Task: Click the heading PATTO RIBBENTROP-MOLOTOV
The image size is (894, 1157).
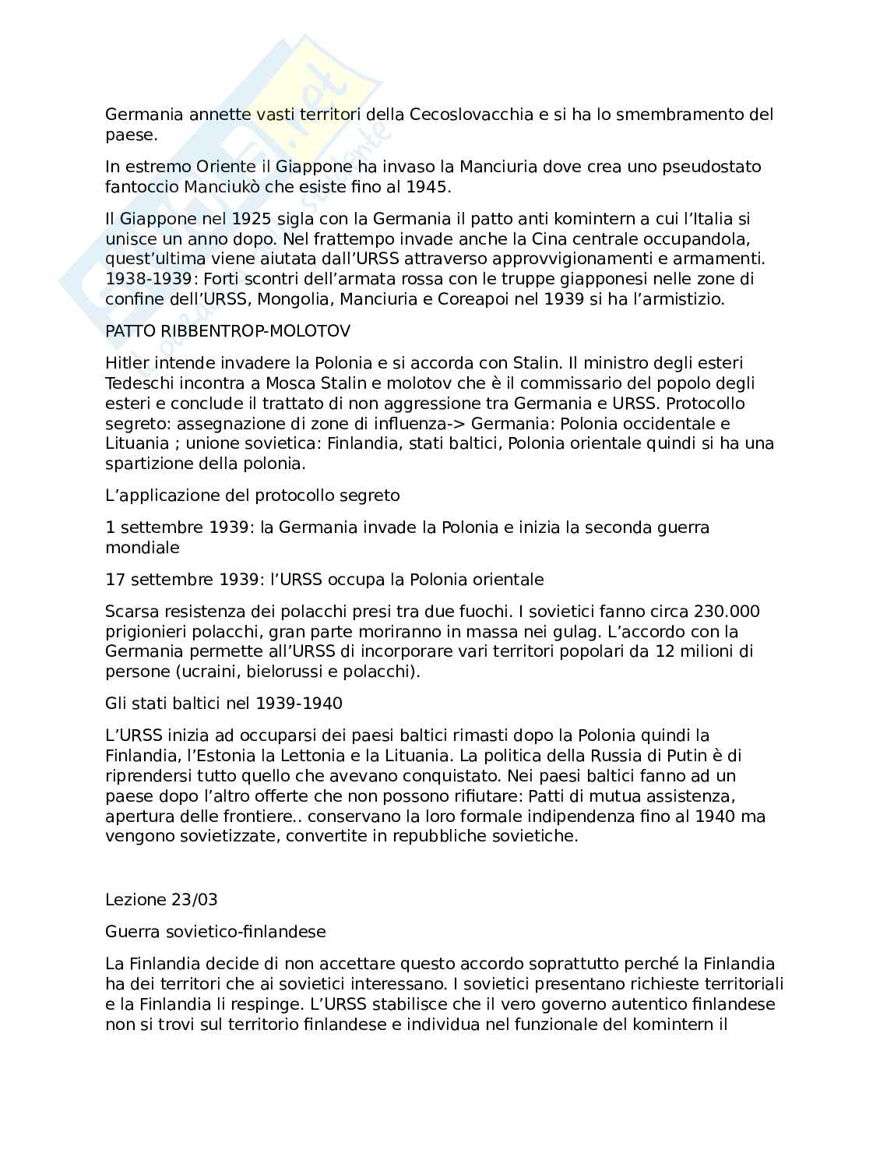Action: (227, 330)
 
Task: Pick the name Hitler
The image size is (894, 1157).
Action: (128, 362)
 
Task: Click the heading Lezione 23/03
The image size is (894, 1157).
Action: (161, 899)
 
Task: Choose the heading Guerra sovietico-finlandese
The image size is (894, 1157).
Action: (216, 931)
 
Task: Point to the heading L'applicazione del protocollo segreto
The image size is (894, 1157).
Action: (252, 495)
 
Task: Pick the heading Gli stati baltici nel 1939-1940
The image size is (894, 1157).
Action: (223, 703)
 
